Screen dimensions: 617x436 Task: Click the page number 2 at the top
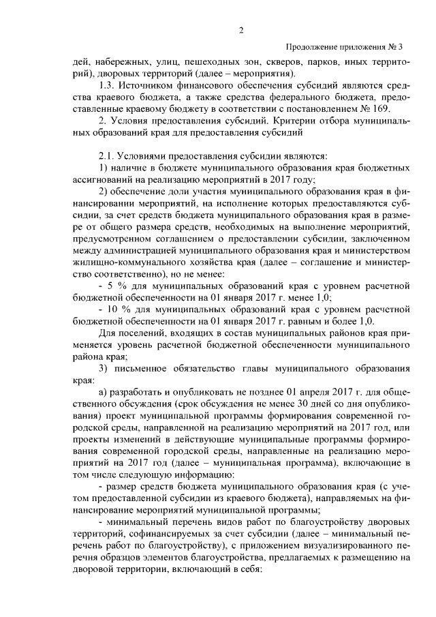coord(241,29)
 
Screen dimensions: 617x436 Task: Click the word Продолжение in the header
coord(313,47)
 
